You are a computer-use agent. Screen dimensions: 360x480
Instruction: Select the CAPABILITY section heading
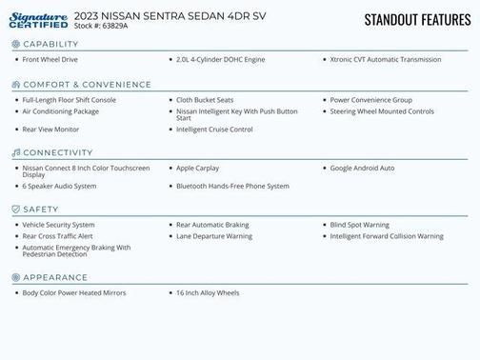tap(50, 45)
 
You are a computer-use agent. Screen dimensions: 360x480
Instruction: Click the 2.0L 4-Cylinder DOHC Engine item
tap(220, 60)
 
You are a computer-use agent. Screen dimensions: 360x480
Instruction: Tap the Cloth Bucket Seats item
tap(205, 100)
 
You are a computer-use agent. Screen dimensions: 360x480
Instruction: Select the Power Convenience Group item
tap(370, 100)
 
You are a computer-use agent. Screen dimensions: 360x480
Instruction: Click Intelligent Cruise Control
tap(214, 130)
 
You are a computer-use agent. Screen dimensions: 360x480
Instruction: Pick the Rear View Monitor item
tap(50, 130)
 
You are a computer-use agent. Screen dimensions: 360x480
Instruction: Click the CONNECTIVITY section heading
tap(58, 152)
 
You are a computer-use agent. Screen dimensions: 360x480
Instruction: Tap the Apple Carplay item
tap(197, 169)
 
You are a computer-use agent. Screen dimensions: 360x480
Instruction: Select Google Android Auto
tap(362, 169)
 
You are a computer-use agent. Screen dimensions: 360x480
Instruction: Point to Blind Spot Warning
tap(359, 226)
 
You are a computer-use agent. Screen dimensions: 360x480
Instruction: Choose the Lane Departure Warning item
tap(213, 236)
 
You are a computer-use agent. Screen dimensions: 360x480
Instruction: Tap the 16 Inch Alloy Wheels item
tap(208, 293)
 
